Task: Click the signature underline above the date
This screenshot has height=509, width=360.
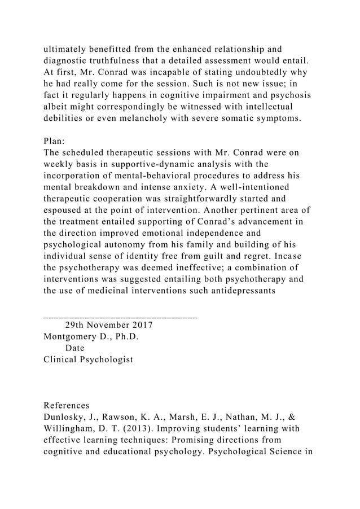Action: (x=120, y=317)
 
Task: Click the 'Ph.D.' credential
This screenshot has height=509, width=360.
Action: (x=125, y=337)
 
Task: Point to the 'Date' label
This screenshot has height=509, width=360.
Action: (x=75, y=348)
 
